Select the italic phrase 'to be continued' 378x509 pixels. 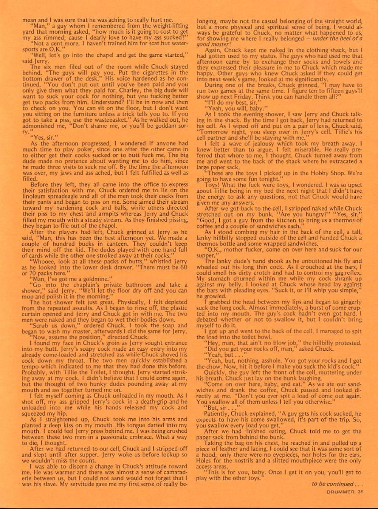coord(332,484)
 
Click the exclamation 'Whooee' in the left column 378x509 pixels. coord(45,261)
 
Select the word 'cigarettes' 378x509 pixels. coord(146,73)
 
